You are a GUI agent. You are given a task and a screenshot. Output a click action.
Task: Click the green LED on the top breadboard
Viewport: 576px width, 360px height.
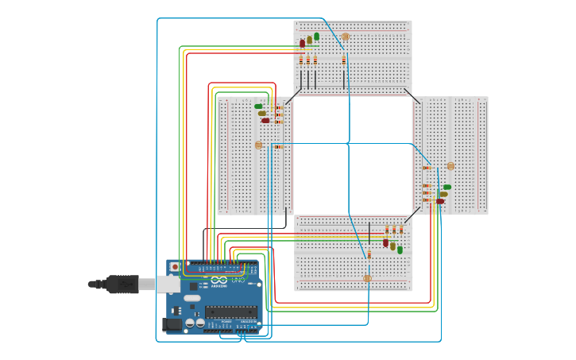coord(316,37)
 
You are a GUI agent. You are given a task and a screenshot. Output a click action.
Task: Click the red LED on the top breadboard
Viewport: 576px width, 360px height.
coord(302,43)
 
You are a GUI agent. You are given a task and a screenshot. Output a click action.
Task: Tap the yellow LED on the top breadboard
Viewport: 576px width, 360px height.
coord(309,40)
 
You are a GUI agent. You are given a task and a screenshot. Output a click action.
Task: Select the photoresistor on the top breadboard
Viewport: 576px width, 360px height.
coord(345,37)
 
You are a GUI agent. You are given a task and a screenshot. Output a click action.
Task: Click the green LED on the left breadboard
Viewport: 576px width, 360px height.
coord(258,106)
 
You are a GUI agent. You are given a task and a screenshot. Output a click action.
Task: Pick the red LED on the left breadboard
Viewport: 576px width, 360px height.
coord(265,121)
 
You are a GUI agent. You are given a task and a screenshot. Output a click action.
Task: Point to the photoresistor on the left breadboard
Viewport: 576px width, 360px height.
coord(258,145)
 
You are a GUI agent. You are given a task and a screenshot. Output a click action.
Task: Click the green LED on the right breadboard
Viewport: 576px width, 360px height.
coord(446,187)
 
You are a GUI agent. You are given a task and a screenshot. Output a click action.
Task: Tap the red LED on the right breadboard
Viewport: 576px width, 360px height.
coord(439,201)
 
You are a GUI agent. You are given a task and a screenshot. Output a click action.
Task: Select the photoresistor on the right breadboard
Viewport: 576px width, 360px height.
coord(450,166)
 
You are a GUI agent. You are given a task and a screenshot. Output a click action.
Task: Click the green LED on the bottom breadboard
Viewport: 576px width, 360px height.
coord(400,250)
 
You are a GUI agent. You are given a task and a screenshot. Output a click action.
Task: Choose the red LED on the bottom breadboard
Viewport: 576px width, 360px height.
coord(385,242)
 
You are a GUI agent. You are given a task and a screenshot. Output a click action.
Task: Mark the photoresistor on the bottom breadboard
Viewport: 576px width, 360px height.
coord(367,278)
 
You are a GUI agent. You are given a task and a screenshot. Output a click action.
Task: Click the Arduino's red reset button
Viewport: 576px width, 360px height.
coord(174,266)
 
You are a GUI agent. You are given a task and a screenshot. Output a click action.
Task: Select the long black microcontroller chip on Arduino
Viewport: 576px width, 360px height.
coord(230,312)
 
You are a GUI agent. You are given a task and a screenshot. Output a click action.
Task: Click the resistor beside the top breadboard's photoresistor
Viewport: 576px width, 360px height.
coord(344,60)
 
